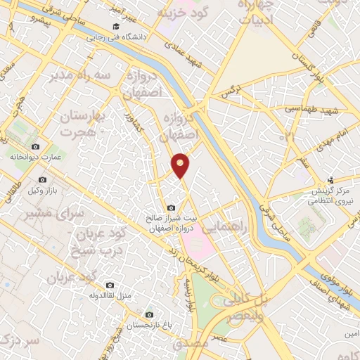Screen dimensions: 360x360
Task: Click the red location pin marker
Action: [x=181, y=165]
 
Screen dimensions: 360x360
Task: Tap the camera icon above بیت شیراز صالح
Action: [x=172, y=207]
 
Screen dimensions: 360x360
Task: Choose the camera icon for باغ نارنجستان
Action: [x=148, y=315]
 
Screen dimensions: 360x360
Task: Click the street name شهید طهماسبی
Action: [x=312, y=111]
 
